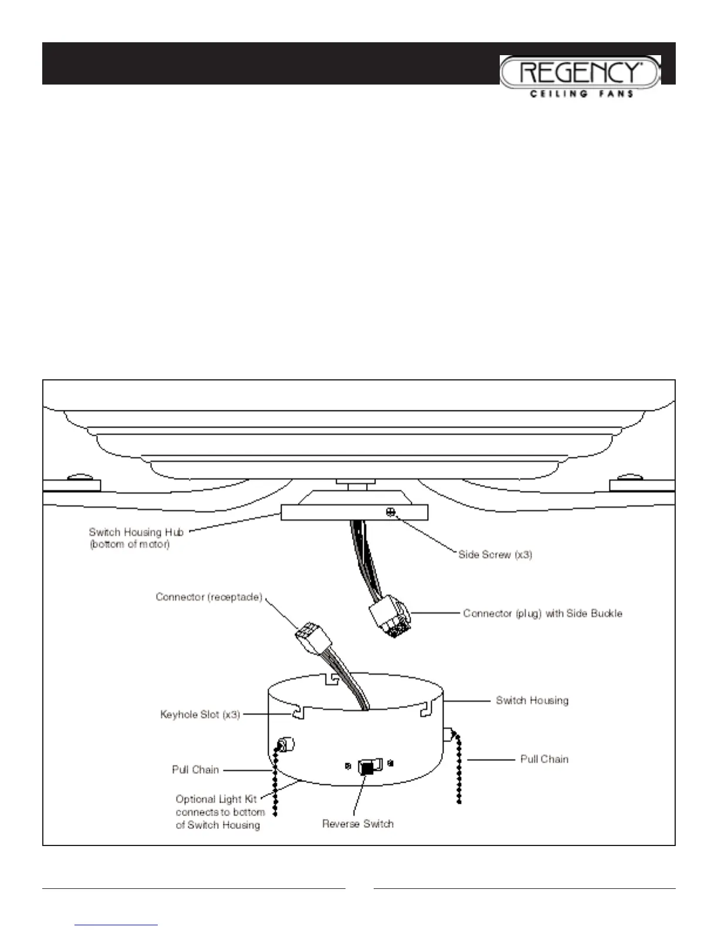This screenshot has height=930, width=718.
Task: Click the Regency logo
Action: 580,72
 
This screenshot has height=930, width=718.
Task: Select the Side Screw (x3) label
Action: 495,554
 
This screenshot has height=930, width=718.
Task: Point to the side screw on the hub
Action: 390,513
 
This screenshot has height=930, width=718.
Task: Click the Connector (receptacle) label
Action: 209,597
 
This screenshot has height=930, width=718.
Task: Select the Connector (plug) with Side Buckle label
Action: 543,614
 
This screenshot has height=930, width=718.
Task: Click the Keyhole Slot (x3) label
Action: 200,715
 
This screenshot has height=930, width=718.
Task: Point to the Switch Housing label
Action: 532,700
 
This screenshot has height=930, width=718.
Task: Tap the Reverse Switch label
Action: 358,824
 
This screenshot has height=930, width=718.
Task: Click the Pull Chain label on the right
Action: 544,759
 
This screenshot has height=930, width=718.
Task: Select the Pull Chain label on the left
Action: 195,770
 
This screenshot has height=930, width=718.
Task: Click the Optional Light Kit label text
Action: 220,812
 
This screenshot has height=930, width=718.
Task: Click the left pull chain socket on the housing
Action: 286,746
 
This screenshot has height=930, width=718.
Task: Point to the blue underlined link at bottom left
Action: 117,925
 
